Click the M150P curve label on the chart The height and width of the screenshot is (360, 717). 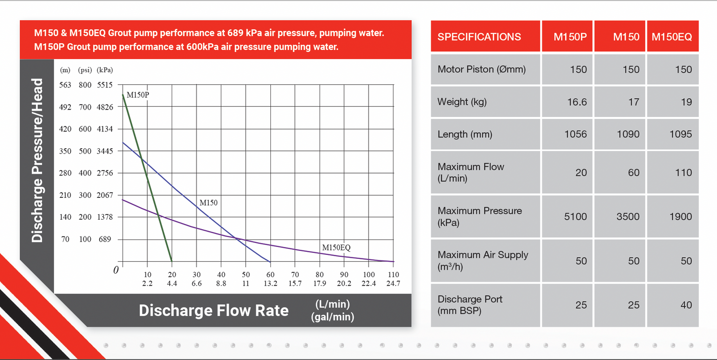137,95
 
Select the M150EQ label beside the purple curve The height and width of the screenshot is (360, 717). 336,247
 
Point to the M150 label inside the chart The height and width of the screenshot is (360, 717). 208,202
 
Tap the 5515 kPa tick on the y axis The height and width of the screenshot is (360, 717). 105,85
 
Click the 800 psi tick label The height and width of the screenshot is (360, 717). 85,85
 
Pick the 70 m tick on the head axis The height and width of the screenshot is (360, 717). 65,239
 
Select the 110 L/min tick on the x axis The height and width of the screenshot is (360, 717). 393,275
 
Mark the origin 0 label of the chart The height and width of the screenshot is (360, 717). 116,270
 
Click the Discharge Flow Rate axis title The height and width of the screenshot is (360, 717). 213,310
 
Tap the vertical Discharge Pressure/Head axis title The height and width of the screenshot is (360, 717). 37,161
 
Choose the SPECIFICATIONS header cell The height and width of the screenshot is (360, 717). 479,37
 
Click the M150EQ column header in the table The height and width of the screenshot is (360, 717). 672,37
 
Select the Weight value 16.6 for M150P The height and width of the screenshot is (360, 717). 577,102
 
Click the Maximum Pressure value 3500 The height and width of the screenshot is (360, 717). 628,216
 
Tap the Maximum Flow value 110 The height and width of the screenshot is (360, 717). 683,173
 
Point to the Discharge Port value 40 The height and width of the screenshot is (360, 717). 686,305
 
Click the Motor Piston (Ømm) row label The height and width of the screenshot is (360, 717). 481,69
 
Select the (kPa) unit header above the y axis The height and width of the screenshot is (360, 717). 105,70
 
